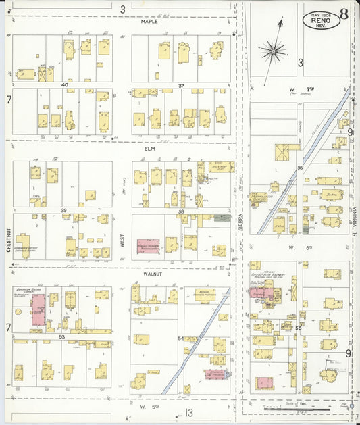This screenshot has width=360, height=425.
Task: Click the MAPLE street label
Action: (149, 22)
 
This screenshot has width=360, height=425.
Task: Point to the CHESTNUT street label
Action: (9, 239)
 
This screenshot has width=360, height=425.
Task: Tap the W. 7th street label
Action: (294, 89)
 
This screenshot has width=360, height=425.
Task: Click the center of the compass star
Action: (274, 48)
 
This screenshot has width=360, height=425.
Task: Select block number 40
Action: (65, 85)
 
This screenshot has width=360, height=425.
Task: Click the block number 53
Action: (61, 336)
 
